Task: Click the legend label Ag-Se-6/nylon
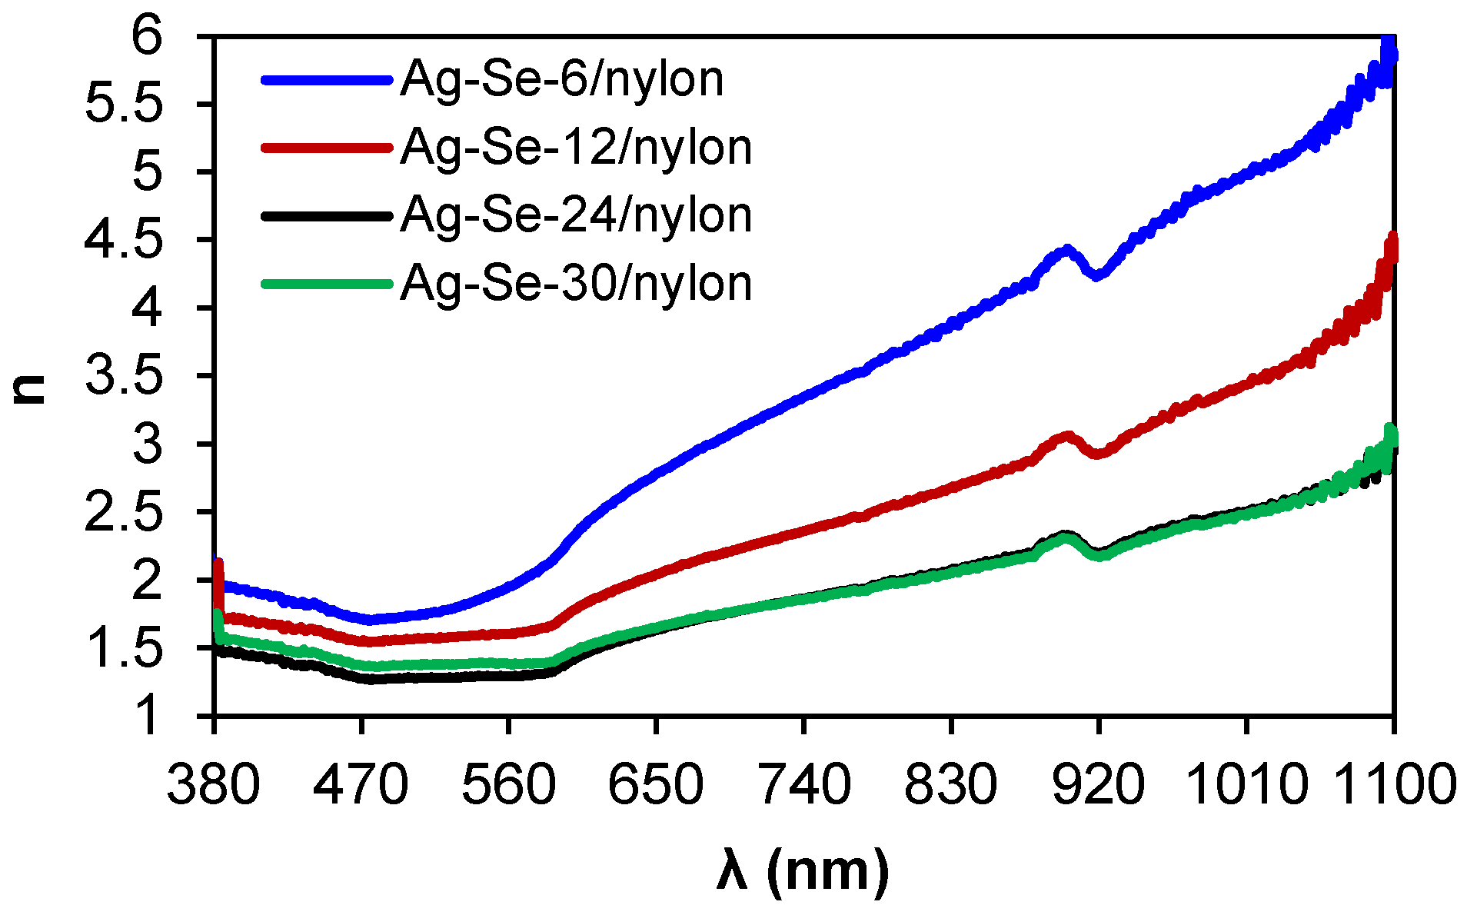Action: coord(561,80)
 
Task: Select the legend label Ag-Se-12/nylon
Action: coord(576,148)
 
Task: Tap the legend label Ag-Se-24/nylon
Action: coord(576,215)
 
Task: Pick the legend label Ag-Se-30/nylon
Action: coord(576,284)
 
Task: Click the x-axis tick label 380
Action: coord(214,786)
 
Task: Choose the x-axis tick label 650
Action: coord(656,786)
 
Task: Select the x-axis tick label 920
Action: coord(1098,786)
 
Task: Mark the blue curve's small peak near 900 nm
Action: coord(1066,250)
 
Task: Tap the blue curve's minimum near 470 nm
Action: coord(371,619)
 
